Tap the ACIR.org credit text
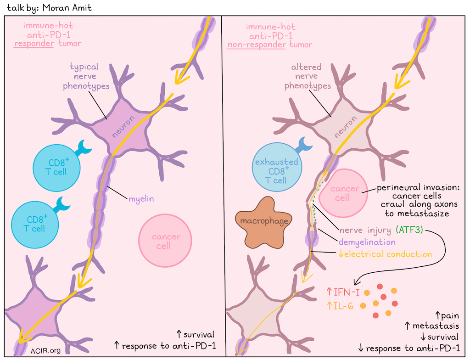click(x=46, y=351)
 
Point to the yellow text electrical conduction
click(x=388, y=254)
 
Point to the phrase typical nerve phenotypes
click(x=84, y=76)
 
